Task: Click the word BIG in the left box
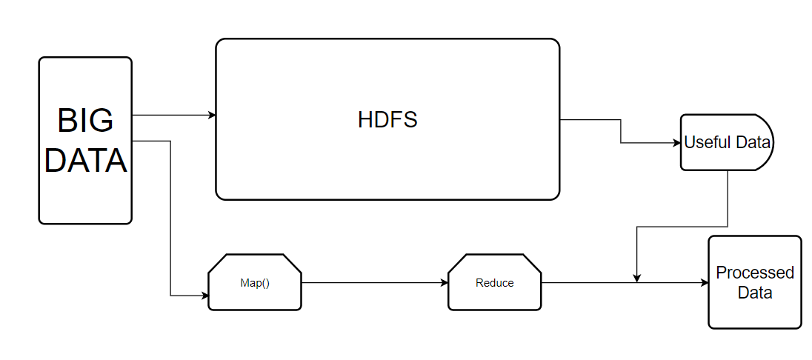[x=85, y=121]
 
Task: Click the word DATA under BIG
[x=85, y=160]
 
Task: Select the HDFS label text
[x=387, y=120]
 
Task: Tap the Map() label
[x=255, y=283]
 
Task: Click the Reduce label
[x=495, y=283]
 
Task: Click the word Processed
[x=755, y=273]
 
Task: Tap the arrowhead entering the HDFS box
[x=212, y=115]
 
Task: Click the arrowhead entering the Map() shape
[x=204, y=296]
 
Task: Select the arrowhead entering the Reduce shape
[x=444, y=283]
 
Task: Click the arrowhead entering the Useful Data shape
[x=676, y=143]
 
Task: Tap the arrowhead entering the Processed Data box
[x=705, y=283]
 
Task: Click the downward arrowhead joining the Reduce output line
[x=637, y=279]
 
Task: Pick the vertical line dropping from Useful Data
[x=728, y=199]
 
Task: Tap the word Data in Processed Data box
[x=755, y=293]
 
